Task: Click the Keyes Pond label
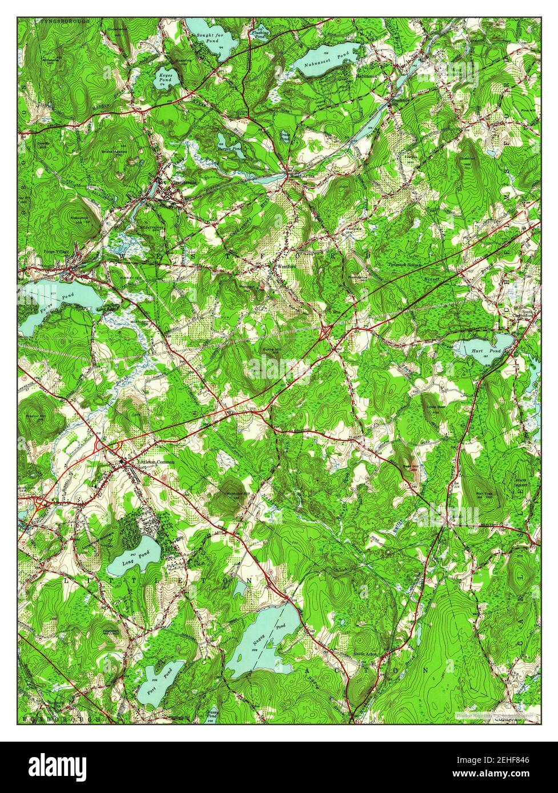pyautogui.click(x=165, y=77)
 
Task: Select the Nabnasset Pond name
pyautogui.click(x=327, y=55)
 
